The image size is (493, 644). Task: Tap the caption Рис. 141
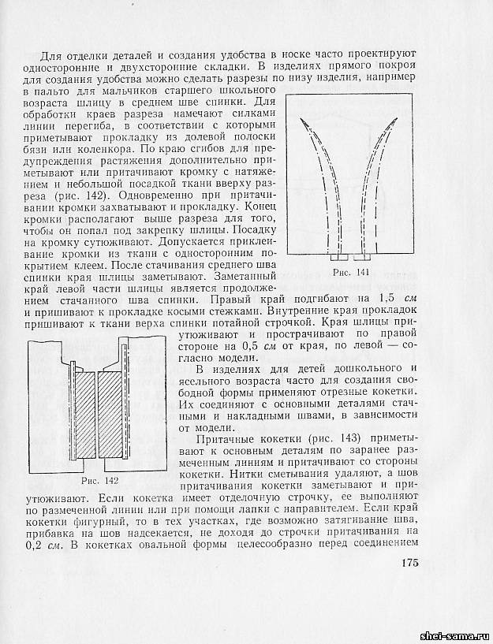coord(351,272)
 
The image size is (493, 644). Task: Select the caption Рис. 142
coord(100,480)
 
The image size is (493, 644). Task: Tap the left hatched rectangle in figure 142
coord(84,415)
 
